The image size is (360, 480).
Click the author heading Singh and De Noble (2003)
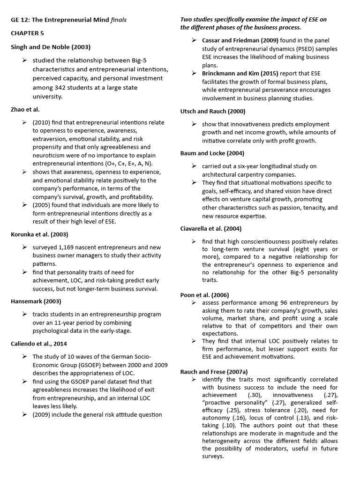51,47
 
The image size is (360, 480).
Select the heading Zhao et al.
25,109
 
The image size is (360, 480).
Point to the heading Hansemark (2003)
36,301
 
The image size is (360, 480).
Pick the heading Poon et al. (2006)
204,295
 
